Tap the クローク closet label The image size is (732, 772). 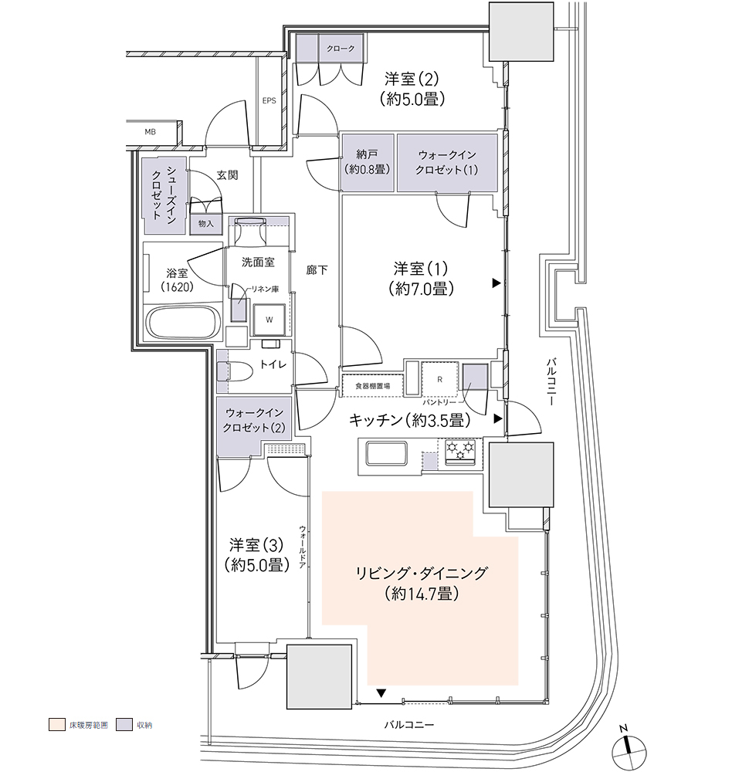pos(341,48)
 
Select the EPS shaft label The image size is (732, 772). pos(269,100)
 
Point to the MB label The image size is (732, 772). pos(151,132)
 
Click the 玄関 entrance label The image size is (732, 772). pos(227,174)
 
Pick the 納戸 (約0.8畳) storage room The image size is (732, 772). pos(368,162)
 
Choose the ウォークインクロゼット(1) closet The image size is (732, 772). pos(447,162)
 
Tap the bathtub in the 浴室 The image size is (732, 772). pos(183,323)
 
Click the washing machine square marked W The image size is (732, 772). pos(269,320)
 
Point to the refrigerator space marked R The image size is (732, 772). pos(439,379)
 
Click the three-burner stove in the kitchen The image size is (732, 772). pos(460,451)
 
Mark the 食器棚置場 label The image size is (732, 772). pos(372,386)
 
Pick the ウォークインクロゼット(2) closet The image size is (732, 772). pos(254,420)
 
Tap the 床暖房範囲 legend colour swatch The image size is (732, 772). pos(57,725)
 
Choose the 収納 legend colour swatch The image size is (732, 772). pos(124,725)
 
